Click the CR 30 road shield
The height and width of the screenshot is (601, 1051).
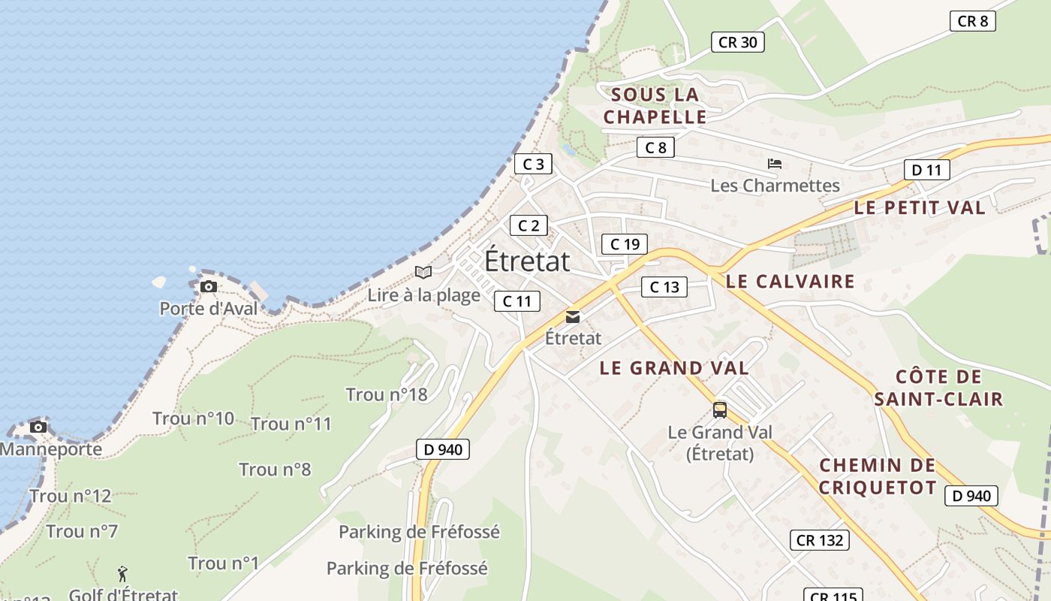[737, 42]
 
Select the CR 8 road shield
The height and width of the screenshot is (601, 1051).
[972, 21]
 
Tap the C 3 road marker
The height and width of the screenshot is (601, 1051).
[533, 164]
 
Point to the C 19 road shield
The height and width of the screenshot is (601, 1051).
[625, 244]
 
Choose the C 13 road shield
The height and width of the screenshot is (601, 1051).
[664, 286]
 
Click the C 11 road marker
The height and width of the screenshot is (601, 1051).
[516, 301]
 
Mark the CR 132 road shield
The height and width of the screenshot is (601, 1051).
[819, 539]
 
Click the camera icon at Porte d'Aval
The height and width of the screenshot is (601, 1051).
[209, 286]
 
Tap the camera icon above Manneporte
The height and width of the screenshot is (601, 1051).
[38, 427]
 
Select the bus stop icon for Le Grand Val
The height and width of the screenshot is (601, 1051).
[719, 409]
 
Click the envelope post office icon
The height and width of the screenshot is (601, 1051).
[573, 316]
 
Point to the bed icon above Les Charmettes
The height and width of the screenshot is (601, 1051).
[775, 163]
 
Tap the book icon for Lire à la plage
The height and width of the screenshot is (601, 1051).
[423, 272]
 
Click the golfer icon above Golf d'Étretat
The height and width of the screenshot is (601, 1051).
[122, 575]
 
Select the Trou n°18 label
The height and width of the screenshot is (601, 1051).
[386, 394]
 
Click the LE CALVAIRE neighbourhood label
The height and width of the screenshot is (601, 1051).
[791, 281]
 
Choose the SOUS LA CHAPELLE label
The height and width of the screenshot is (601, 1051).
[655, 106]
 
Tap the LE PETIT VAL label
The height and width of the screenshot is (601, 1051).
[919, 208]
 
